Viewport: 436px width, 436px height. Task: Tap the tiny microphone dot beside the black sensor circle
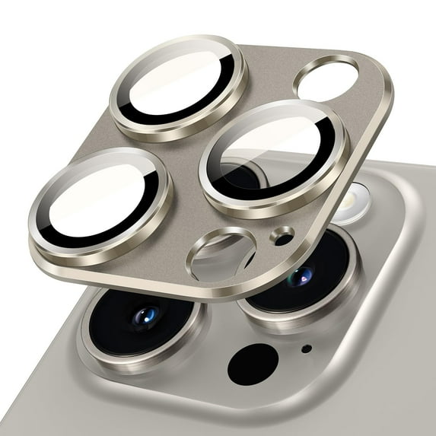pos(307,349)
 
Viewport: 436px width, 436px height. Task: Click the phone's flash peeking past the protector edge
pos(351,202)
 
